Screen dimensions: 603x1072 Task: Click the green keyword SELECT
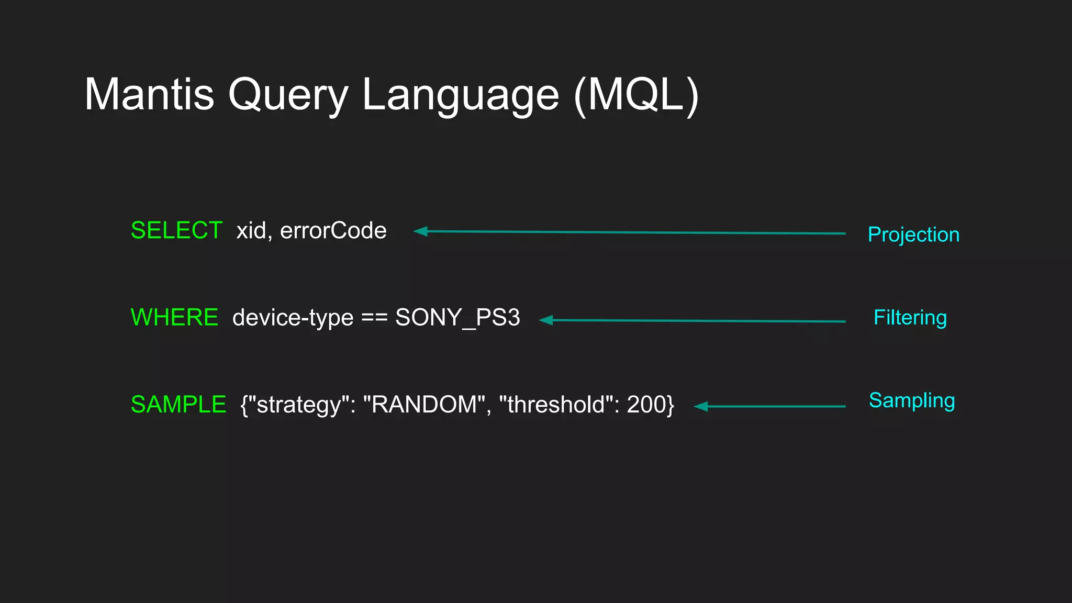pyautogui.click(x=176, y=231)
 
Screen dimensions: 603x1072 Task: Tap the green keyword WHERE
pyautogui.click(x=174, y=318)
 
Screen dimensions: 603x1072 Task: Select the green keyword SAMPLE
pyautogui.click(x=178, y=405)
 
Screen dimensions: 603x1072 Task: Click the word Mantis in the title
pyautogui.click(x=149, y=95)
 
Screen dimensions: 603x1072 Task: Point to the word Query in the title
pyautogui.click(x=288, y=95)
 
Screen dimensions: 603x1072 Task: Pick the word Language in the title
pyautogui.click(x=461, y=95)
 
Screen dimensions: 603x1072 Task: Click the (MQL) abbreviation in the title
pyautogui.click(x=636, y=95)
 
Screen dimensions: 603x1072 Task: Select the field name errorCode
pyautogui.click(x=333, y=231)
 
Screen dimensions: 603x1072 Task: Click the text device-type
pyautogui.click(x=293, y=318)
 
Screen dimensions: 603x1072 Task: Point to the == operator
pyautogui.click(x=374, y=318)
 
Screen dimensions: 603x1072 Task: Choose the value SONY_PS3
pyautogui.click(x=457, y=318)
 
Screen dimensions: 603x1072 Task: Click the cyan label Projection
pyautogui.click(x=913, y=234)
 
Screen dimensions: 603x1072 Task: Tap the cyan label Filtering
pyautogui.click(x=910, y=318)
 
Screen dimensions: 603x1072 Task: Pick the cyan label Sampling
pyautogui.click(x=912, y=400)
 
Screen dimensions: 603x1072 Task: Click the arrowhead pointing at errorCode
pyautogui.click(x=420, y=231)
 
